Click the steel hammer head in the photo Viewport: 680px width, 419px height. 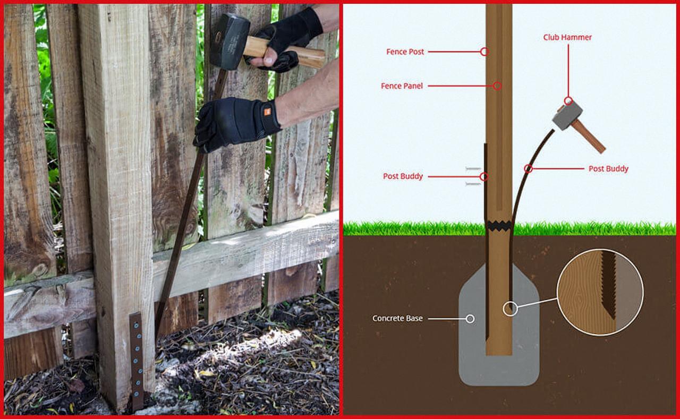(229, 41)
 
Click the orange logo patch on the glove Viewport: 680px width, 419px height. (267, 112)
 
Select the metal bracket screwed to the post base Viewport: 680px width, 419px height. (137, 361)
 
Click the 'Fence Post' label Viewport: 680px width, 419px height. (405, 52)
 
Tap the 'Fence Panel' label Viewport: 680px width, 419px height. (402, 86)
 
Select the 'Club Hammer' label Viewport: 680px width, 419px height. (567, 37)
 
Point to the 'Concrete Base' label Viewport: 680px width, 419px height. (397, 318)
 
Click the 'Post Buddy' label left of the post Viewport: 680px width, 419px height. (403, 176)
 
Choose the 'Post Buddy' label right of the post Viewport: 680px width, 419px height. (608, 169)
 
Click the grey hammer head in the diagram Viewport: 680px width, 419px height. (567, 116)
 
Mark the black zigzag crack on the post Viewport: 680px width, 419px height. (499, 226)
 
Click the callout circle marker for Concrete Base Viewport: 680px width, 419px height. (470, 319)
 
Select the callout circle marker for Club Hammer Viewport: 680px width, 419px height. (568, 101)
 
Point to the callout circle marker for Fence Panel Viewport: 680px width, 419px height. (497, 86)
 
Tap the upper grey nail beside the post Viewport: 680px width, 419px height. (473, 168)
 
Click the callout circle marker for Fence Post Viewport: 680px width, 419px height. (484, 52)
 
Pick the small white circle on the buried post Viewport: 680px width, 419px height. (511, 309)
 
